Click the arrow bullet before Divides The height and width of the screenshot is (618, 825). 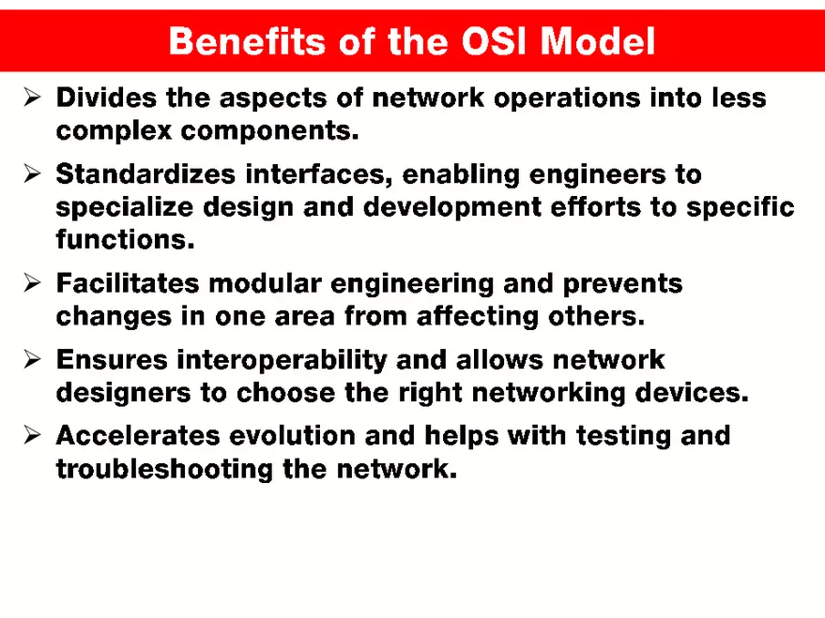[31, 97]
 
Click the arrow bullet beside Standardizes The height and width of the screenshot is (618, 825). [31, 173]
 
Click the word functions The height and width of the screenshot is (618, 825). [125, 240]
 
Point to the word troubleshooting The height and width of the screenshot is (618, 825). [165, 469]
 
